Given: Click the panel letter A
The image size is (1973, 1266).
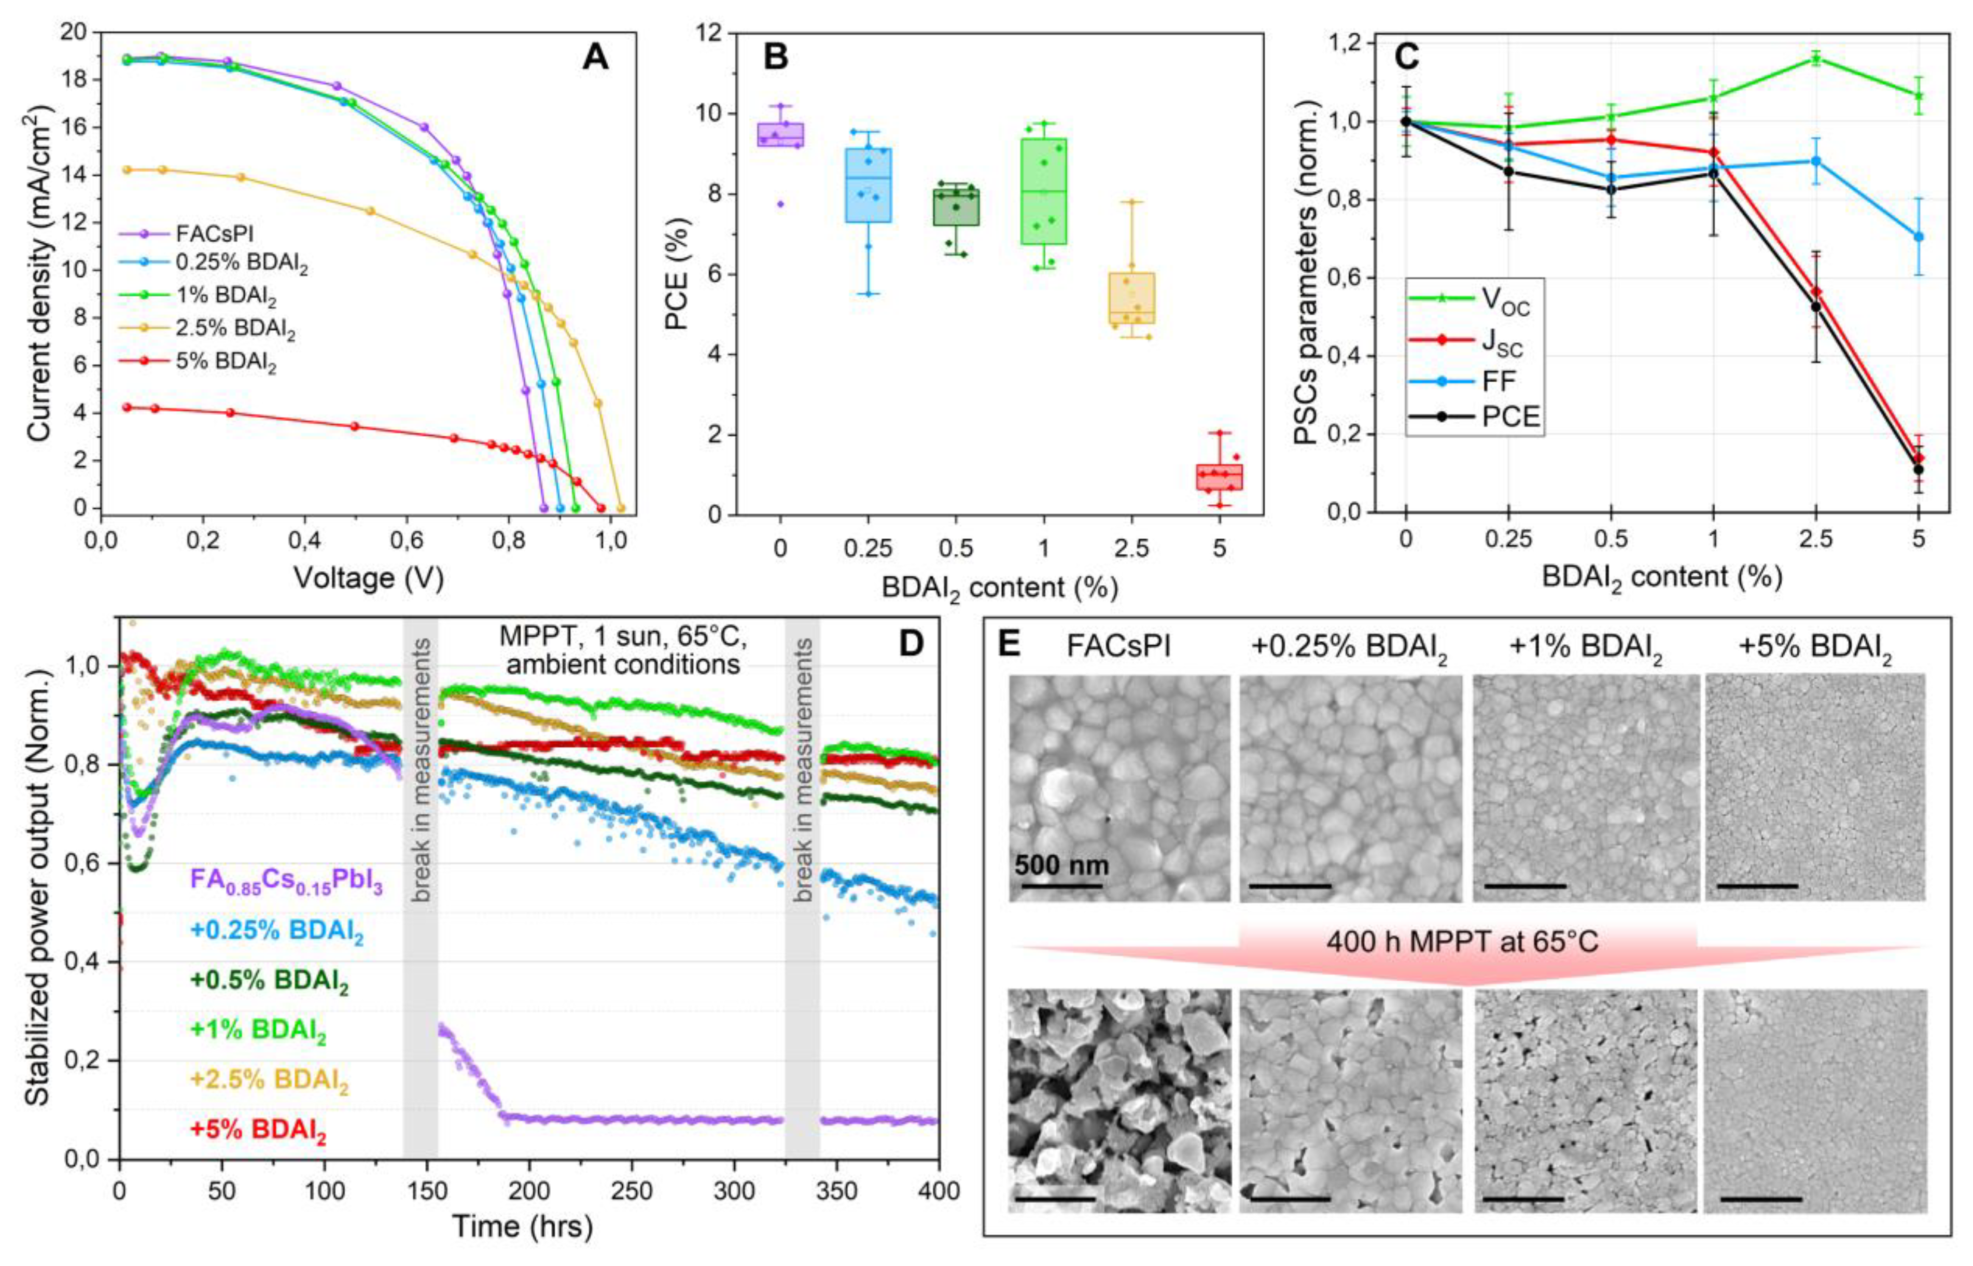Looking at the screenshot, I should pyautogui.click(x=595, y=58).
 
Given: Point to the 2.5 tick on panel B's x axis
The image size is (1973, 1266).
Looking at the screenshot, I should pyautogui.click(x=1131, y=548).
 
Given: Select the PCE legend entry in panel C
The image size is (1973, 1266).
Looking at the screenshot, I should pyautogui.click(x=1510, y=418).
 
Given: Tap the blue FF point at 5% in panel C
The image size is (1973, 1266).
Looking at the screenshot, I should pyautogui.click(x=1919, y=236).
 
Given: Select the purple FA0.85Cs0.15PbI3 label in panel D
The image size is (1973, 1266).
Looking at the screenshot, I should pyautogui.click(x=286, y=882).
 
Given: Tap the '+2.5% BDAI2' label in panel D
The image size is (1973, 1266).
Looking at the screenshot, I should pyautogui.click(x=269, y=1080).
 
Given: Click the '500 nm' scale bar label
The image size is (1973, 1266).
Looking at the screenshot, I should pyautogui.click(x=1061, y=865).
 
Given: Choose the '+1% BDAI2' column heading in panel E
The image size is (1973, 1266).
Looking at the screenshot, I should pyautogui.click(x=1585, y=648).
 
